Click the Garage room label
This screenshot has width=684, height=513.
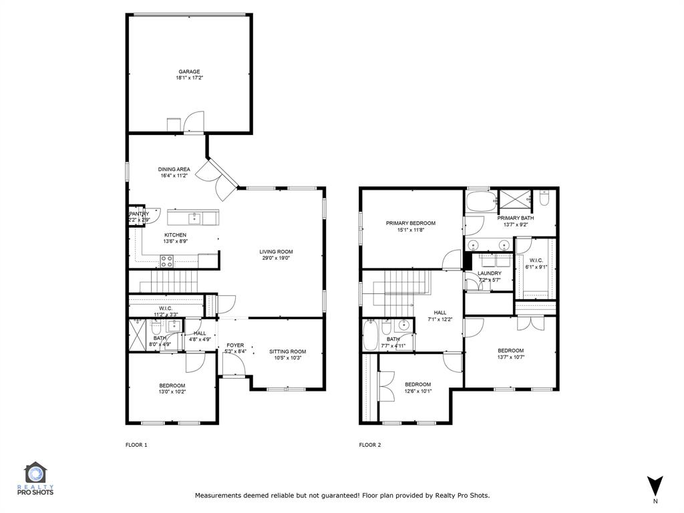point(189,71)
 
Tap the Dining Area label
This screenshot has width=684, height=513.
point(174,169)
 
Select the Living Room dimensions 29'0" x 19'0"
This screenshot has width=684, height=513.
point(276,258)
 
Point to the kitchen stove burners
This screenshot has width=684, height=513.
point(166,261)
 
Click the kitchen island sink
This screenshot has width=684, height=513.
point(194,218)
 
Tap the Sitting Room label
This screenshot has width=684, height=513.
point(287,351)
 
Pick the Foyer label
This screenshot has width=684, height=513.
point(235,345)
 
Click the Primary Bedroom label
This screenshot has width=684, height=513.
point(411,223)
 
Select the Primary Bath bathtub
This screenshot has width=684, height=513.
point(481,201)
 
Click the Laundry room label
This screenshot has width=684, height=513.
point(490,273)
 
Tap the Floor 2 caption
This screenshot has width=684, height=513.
point(370,445)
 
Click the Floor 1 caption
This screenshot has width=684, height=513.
point(136,445)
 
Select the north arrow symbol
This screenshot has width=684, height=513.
point(655,486)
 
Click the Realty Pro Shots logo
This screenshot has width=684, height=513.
point(35,478)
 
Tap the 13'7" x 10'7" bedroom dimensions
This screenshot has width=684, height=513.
point(511,357)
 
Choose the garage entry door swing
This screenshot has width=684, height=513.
point(194,122)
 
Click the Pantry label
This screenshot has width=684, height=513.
point(139,214)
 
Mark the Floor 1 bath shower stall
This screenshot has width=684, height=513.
point(138,335)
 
